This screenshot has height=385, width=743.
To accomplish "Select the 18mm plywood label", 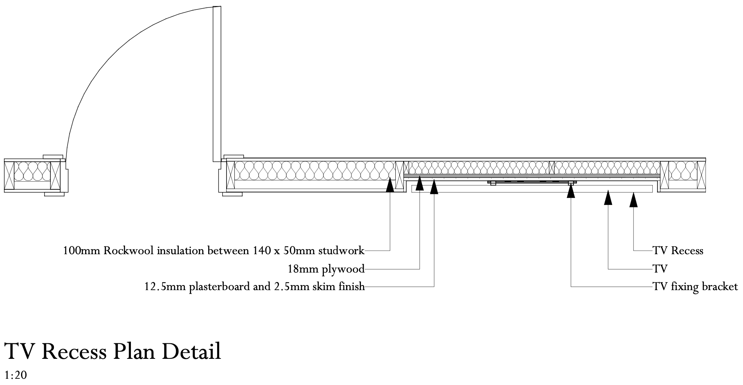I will (326, 269).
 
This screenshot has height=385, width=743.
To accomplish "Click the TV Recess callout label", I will (678, 250).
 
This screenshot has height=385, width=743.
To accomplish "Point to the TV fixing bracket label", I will (695, 287).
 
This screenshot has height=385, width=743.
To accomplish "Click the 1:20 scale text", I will (15, 376).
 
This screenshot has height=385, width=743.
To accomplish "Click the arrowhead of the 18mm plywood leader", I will (420, 184).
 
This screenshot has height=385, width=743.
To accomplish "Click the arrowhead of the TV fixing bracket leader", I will (571, 191).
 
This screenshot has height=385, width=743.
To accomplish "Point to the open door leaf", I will (217, 84).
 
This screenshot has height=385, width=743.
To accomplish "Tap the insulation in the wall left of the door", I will (32, 171).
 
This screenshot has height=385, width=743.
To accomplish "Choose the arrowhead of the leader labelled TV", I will (608, 198).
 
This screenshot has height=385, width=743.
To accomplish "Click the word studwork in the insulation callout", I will (341, 250).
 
